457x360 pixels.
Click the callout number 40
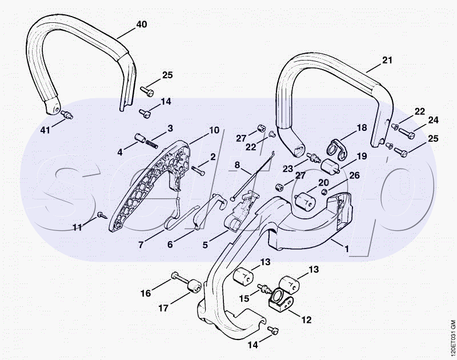pos(141,24)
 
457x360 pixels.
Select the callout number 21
pos(388,60)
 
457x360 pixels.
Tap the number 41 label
pos(45,130)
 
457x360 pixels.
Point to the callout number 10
pos(214,130)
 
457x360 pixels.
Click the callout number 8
pos(237,166)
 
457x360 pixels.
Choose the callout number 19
pos(362,156)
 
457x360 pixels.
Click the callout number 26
pos(354,176)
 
